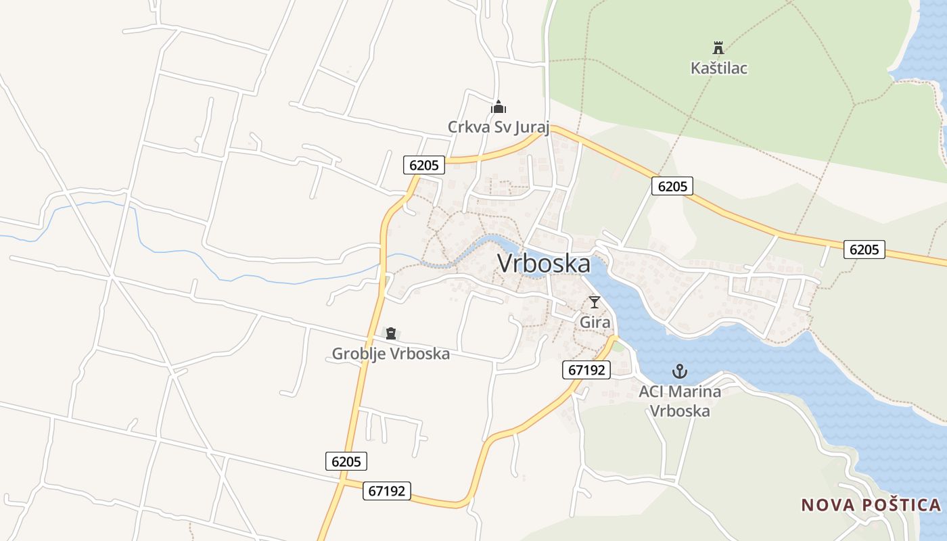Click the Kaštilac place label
(x=719, y=68)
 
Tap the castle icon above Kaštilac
(x=718, y=48)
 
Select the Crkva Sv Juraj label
(x=499, y=127)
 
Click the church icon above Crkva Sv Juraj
(x=499, y=107)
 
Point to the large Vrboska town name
(x=544, y=264)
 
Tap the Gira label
(x=595, y=323)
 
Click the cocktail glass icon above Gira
(x=595, y=302)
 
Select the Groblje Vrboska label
(x=390, y=354)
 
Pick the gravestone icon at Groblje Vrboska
(x=390, y=333)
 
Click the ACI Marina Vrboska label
(x=680, y=401)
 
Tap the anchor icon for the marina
(x=680, y=371)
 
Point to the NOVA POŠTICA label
(x=871, y=505)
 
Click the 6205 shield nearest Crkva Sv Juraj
(x=424, y=164)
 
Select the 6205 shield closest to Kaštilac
(x=672, y=186)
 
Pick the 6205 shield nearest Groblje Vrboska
(x=346, y=461)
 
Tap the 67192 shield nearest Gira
(x=586, y=369)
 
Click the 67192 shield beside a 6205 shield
(x=387, y=491)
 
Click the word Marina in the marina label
(x=693, y=392)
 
